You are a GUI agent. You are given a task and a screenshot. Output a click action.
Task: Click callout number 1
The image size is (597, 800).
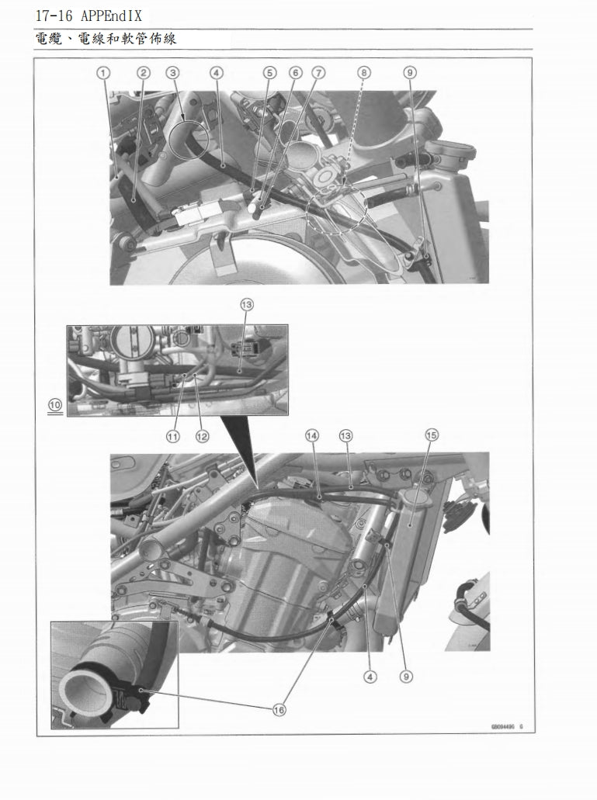click(102, 72)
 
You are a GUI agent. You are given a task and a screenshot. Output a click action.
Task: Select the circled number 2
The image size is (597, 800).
click(143, 72)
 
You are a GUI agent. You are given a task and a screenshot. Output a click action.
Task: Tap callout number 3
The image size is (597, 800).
click(173, 72)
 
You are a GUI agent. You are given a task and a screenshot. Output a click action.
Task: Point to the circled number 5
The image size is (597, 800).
click(269, 72)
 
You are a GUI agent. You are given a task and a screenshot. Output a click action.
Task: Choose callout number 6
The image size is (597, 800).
click(295, 72)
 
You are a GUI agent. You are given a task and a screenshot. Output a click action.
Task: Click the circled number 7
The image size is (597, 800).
click(318, 72)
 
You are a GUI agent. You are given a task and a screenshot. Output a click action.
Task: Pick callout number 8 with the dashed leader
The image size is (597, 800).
click(363, 72)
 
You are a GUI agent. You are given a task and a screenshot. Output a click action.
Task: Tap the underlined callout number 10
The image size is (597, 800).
click(54, 405)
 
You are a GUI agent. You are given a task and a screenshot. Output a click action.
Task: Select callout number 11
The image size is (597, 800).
click(172, 436)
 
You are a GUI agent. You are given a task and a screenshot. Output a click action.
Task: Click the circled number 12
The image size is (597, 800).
click(202, 436)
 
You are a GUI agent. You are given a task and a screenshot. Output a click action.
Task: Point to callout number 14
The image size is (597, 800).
click(312, 435)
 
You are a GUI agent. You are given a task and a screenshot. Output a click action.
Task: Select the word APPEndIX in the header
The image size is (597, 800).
click(110, 16)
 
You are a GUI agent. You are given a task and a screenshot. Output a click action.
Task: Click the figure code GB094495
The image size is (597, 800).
click(503, 727)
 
